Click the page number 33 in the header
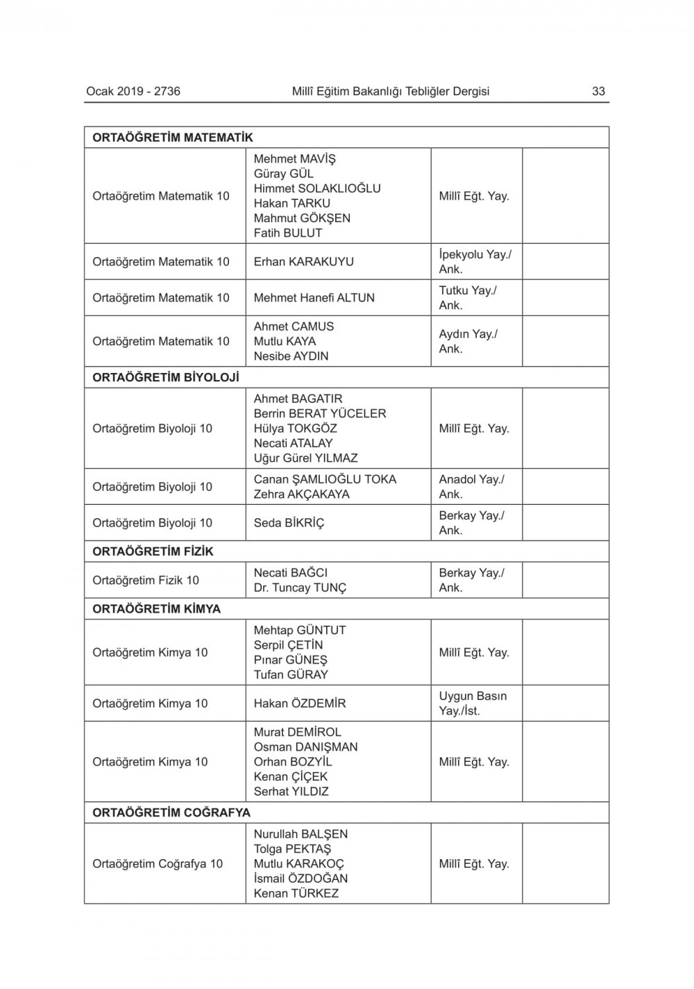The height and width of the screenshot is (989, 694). [x=598, y=91]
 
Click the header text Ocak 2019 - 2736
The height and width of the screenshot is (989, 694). [x=133, y=91]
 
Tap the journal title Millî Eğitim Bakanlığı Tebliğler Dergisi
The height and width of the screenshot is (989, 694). [x=391, y=91]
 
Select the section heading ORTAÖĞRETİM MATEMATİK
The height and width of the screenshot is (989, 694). [x=173, y=138]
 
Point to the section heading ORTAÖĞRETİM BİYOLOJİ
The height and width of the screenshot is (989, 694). [x=166, y=377]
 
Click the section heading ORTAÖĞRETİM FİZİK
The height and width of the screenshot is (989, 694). [x=153, y=551]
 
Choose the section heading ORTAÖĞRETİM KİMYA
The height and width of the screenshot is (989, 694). [x=156, y=609]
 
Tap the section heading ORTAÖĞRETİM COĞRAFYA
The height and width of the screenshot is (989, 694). [x=171, y=813]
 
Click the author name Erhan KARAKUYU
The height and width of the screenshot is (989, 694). [x=303, y=262]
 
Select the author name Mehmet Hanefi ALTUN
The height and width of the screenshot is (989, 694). [x=314, y=298]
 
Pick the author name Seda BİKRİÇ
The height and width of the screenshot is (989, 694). [x=289, y=523]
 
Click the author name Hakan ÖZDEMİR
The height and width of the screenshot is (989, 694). [x=300, y=704]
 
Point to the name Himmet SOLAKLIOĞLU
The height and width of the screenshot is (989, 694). [x=317, y=188]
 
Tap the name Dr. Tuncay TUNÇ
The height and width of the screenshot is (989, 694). [x=300, y=588]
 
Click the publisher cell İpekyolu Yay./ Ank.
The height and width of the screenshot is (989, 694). [x=475, y=262]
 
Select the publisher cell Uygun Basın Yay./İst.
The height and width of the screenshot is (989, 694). [x=473, y=704]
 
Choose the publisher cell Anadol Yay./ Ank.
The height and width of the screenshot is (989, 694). [x=471, y=487]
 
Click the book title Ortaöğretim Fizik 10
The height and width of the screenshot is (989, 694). [x=146, y=580]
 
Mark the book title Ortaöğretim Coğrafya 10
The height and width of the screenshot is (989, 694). [x=158, y=864]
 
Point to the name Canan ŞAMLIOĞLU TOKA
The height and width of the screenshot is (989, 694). [x=325, y=479]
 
